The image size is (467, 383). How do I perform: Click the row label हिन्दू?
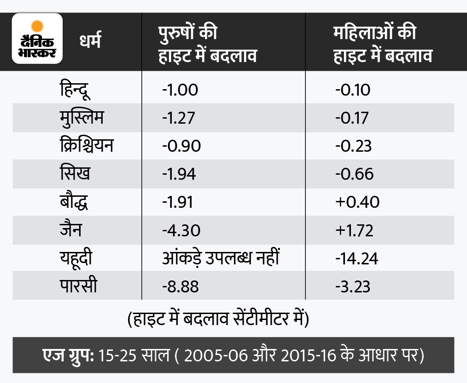[75, 89]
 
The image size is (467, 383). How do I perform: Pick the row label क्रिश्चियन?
[86, 145]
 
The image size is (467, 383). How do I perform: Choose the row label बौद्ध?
[74, 202]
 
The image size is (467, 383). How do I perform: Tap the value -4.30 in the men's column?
[181, 230]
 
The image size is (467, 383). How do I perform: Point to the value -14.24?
[356, 258]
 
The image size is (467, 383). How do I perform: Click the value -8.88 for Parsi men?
[181, 286]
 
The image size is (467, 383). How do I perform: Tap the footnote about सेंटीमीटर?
[217, 319]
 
